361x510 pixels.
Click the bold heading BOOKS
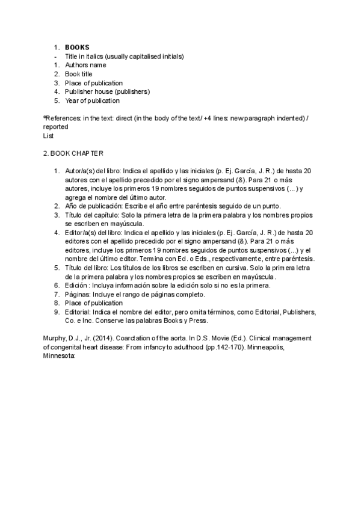point(77,47)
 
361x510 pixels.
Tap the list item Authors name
point(85,65)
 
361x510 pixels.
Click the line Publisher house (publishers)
point(107,91)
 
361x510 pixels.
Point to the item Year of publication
point(92,100)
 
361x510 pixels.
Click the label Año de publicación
point(93,206)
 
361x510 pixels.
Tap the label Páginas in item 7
point(77,294)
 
